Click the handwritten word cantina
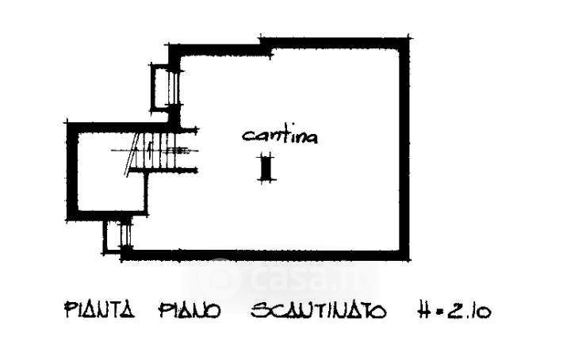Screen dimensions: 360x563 [280, 136]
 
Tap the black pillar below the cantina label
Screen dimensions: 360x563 [266, 169]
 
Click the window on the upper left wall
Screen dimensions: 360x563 [161, 87]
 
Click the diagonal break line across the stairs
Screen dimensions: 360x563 [132, 155]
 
